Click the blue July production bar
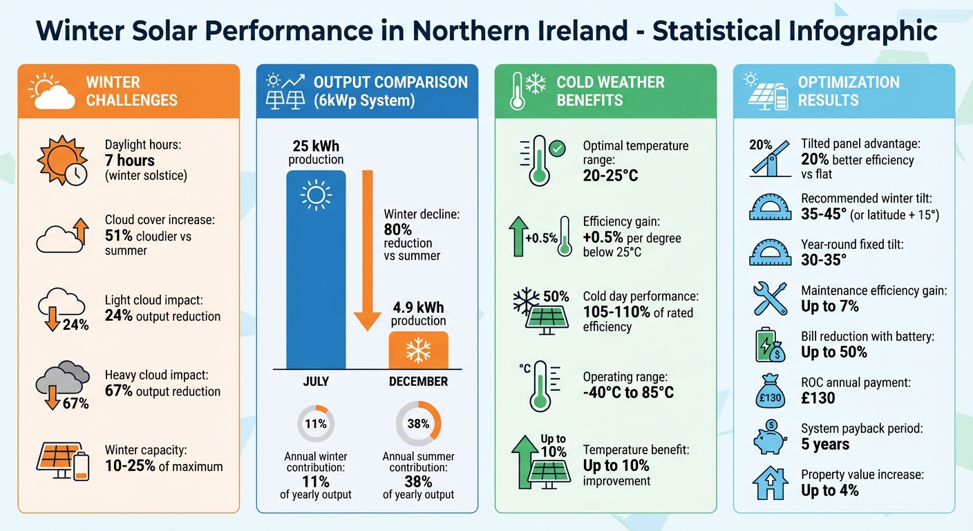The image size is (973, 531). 316,270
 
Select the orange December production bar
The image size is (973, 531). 418,350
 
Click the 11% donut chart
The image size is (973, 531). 316,424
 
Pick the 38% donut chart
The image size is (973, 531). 418,424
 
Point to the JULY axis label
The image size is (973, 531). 316,382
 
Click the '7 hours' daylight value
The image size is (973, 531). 130,160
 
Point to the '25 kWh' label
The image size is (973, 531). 316,147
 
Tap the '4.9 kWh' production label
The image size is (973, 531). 418,307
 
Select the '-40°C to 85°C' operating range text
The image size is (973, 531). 627,393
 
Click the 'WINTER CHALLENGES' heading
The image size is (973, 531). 131,91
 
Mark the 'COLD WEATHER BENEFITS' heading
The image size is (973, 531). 610,91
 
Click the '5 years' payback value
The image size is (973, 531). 825,444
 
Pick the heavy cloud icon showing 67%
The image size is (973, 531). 63,384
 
